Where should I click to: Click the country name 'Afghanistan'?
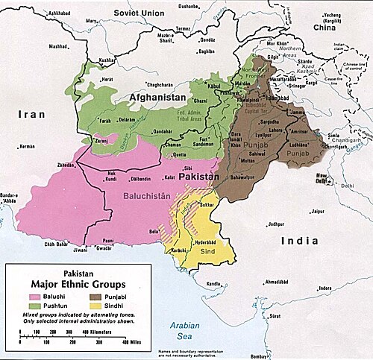coord(158,97)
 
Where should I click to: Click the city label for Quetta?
coord(180,154)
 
